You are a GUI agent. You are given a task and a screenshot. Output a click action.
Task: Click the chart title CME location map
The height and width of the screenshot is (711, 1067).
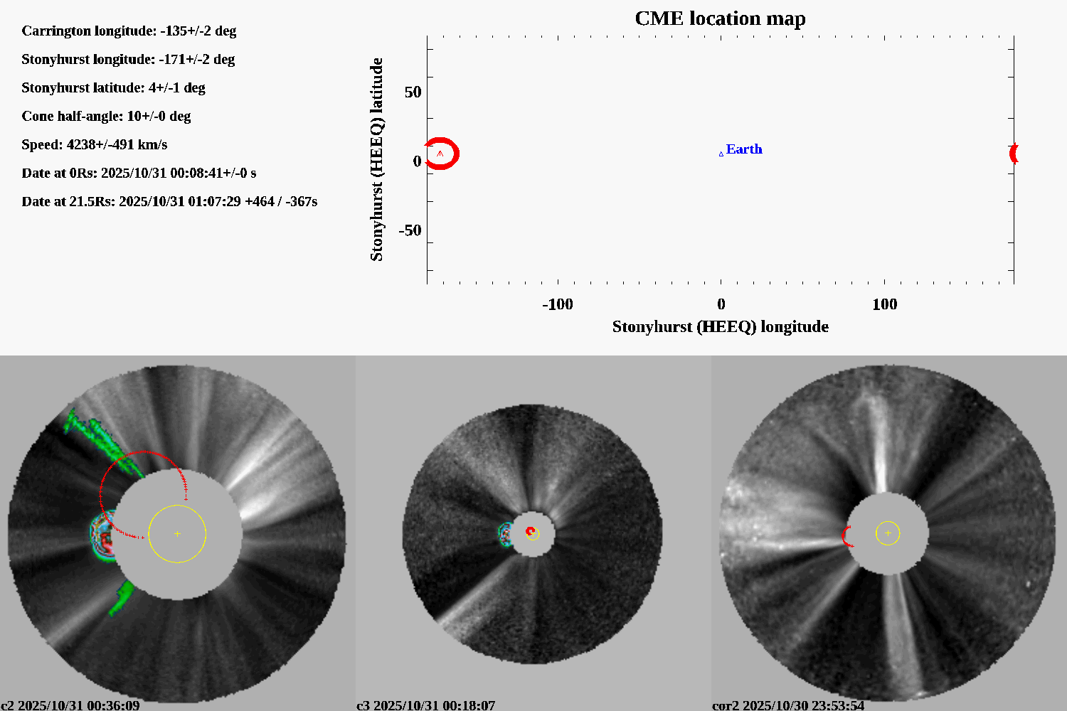point(720,18)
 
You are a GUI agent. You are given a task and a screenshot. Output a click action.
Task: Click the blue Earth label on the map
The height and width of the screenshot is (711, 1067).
point(744,149)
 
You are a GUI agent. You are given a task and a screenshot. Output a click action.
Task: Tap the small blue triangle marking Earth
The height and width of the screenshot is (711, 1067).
point(721,154)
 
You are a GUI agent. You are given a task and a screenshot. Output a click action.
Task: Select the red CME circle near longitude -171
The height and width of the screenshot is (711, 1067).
point(442,154)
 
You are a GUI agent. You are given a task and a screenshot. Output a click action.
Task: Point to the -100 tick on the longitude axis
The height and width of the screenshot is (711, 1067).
point(558,304)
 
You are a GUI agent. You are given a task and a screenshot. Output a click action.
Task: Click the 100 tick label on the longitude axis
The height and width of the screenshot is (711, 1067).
point(884,304)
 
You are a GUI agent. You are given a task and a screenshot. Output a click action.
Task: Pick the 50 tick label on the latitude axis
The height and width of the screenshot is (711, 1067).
point(413,92)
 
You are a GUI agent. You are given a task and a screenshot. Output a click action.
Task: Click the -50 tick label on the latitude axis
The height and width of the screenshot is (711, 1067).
point(410,230)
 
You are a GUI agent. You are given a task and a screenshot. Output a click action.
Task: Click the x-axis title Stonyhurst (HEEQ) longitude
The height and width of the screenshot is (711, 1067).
point(720,326)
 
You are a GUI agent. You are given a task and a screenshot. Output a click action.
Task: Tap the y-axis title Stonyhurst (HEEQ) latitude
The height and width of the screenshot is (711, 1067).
point(376,159)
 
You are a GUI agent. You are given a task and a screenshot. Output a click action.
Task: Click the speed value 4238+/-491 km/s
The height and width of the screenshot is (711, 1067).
point(117,144)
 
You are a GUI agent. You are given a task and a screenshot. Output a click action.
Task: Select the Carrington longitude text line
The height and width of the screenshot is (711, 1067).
point(129,31)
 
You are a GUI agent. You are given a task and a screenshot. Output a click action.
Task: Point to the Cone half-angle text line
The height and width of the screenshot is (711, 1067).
point(106,116)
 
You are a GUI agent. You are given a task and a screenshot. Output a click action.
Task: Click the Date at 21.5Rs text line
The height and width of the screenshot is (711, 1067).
point(169,201)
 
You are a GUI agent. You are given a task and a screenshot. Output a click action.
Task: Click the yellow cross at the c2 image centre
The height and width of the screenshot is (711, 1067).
point(177,533)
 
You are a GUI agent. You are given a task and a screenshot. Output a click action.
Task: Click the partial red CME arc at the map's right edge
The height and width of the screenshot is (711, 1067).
point(1014,153)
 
